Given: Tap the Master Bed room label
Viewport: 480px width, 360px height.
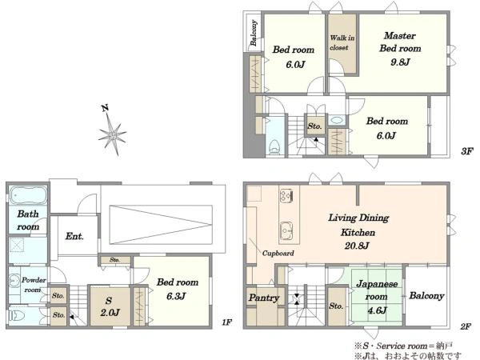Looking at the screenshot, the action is coord(400,42).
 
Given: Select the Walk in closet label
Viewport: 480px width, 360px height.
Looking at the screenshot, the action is coord(342,42).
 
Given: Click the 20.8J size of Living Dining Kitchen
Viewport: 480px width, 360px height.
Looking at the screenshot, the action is coord(357,246).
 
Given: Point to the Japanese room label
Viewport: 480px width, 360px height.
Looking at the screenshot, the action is coord(377,290).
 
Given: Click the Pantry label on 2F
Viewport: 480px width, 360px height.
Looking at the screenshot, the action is coord(264,298).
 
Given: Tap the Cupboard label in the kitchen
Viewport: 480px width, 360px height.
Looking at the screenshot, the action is coord(278,253).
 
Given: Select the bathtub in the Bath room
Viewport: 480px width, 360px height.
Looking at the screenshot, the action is coord(28,195).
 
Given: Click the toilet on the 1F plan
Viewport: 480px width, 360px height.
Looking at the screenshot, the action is coord(14,316).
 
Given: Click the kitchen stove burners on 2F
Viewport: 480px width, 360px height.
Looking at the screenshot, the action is coord(286,195).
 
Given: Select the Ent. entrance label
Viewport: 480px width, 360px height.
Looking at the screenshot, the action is coord(74,236).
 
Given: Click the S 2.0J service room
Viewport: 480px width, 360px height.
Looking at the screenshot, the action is coord(110,306).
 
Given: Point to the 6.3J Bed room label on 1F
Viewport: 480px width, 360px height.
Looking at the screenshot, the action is coord(178,289).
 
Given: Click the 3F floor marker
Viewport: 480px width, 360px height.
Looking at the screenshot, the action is coord(466,151).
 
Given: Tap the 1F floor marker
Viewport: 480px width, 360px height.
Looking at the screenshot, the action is coord(227,322).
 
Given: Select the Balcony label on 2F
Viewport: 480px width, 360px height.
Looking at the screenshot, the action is coord(426,296).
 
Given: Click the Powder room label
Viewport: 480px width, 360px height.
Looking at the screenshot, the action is coord(34,285).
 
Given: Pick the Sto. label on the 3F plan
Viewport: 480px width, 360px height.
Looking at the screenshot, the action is coord(314,126).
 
